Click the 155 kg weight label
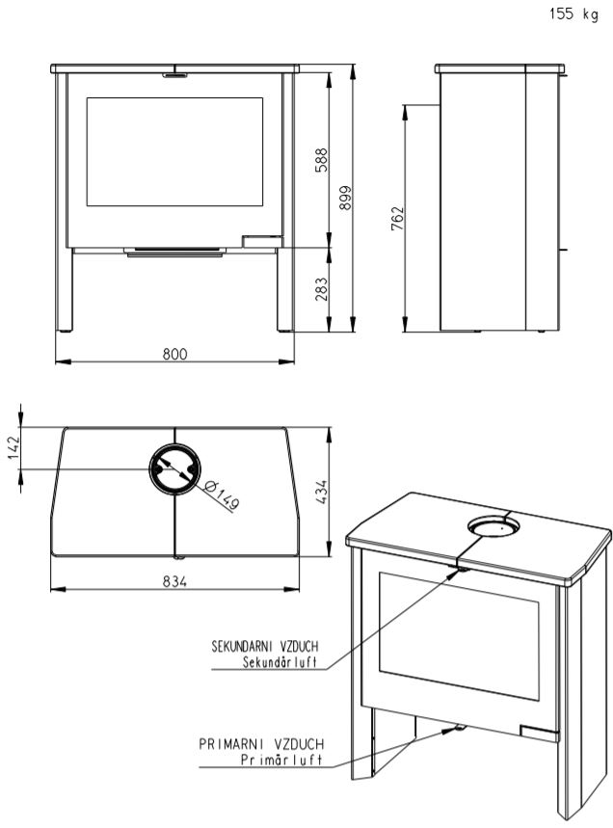click(x=573, y=13)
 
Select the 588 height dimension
click(x=321, y=160)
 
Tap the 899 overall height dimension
click(x=345, y=198)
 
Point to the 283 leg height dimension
click(x=321, y=289)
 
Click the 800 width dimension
click(x=174, y=353)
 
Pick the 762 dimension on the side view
click(x=397, y=218)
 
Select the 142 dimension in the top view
click(x=13, y=448)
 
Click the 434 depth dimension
click(x=321, y=493)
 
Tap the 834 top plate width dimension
click(x=174, y=581)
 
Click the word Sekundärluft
click(x=280, y=662)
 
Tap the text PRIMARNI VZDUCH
click(x=261, y=744)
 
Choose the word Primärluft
click(x=281, y=760)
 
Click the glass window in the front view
click(x=174, y=151)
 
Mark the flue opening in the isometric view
click(x=493, y=525)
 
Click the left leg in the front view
click(x=65, y=289)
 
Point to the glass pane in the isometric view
click(x=459, y=636)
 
